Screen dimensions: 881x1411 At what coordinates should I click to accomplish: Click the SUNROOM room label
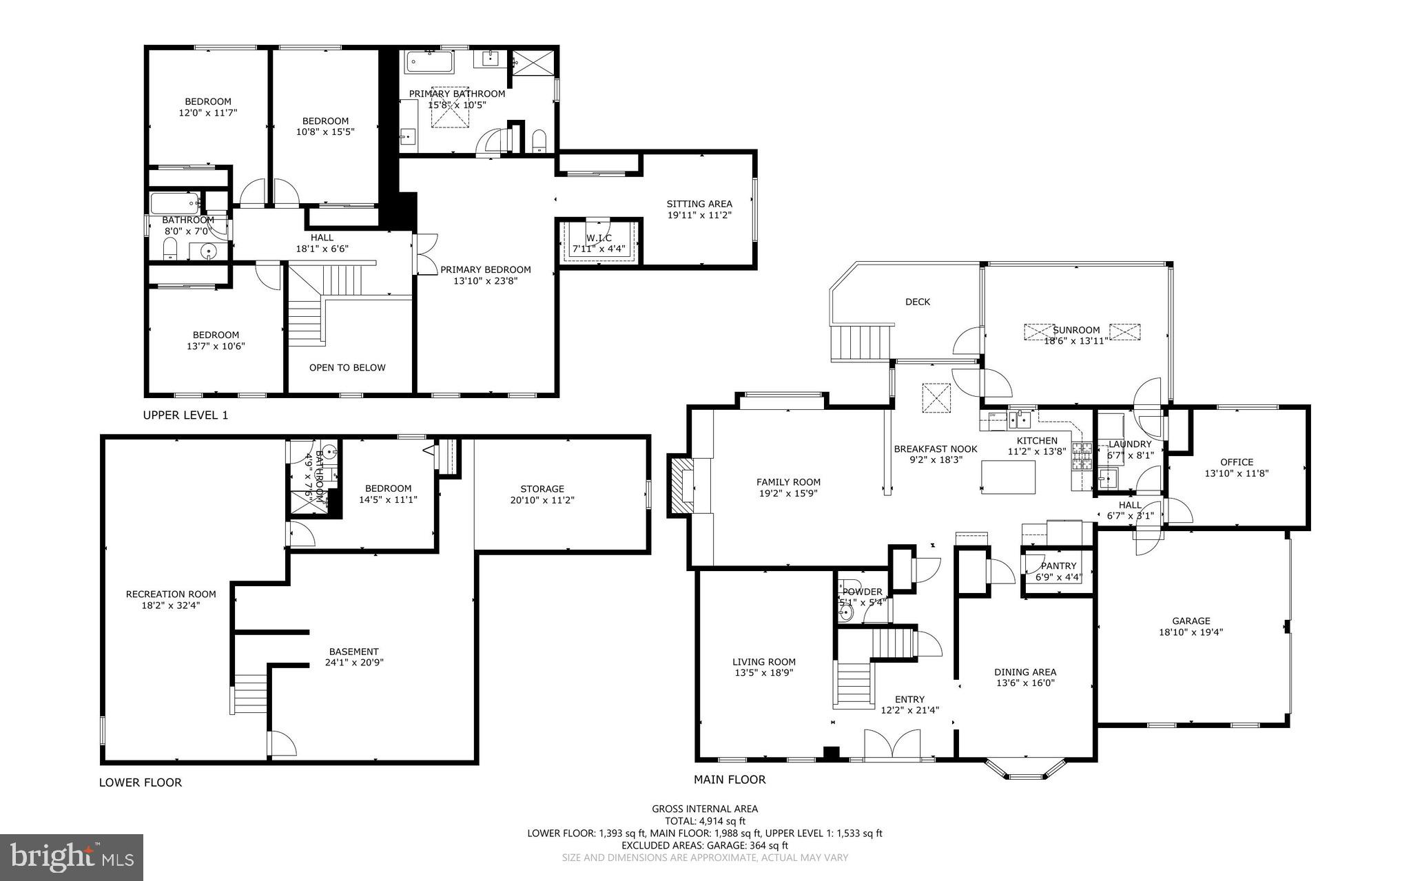(1076, 330)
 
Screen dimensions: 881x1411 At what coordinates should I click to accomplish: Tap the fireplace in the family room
(683, 485)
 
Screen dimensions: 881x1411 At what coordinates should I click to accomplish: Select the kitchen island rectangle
(1008, 477)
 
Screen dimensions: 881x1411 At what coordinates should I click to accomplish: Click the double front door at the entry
(892, 745)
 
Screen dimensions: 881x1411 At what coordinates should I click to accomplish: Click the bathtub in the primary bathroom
(430, 63)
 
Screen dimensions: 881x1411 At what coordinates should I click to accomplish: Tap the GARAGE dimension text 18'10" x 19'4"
(1191, 632)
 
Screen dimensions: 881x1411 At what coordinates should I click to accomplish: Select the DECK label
(917, 302)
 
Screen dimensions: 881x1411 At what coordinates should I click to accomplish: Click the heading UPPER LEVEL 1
(185, 415)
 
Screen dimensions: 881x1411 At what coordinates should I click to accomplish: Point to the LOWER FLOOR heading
(141, 782)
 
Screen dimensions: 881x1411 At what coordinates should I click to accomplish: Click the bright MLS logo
(72, 857)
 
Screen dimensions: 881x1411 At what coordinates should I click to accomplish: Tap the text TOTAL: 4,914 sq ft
(705, 821)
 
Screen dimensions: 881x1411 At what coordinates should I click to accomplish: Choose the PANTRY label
(1058, 566)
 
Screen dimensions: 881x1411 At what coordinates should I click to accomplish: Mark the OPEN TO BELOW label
(347, 368)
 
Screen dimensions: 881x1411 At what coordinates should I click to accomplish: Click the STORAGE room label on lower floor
(542, 489)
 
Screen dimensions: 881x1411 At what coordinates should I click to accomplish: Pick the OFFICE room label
(1237, 462)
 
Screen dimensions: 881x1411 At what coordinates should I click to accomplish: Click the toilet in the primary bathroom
(539, 141)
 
